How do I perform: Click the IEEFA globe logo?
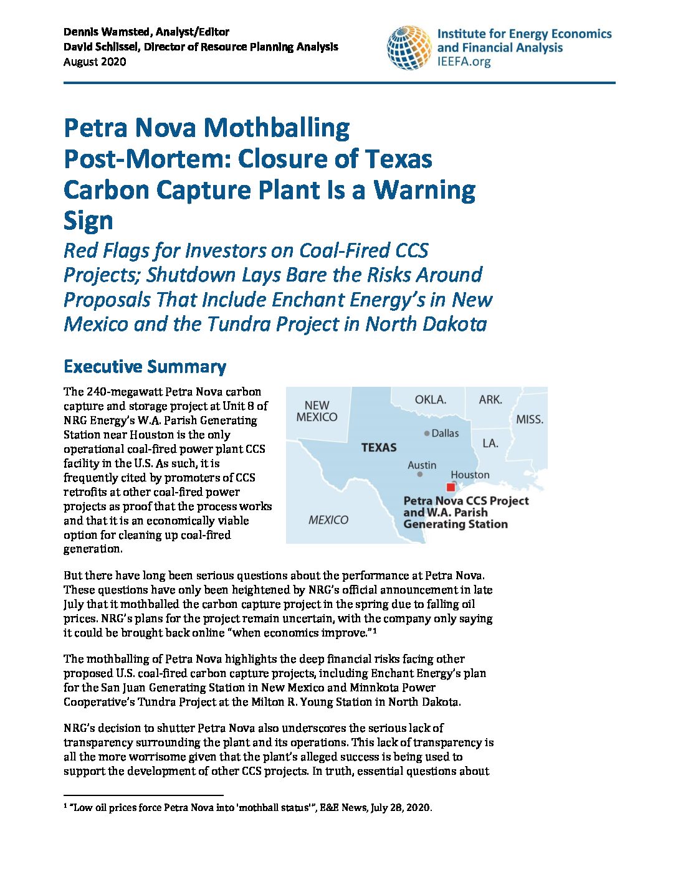tap(409, 47)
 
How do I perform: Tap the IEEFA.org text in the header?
tap(464, 62)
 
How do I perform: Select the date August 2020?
tap(95, 62)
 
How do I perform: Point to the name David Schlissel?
tap(102, 47)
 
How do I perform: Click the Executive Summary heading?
tap(145, 366)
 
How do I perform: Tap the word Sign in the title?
tap(88, 220)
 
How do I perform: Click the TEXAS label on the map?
tap(379, 447)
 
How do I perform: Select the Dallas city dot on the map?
tap(427, 434)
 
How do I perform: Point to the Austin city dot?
tap(420, 475)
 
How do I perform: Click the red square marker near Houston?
tap(451, 487)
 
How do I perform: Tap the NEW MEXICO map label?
tap(317, 411)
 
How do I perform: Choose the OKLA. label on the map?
tap(431, 399)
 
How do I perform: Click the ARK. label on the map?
tap(490, 399)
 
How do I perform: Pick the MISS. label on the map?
tap(530, 420)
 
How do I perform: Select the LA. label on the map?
tap(490, 443)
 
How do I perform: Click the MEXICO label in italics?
tap(328, 520)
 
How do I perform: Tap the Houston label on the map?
tap(470, 475)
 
